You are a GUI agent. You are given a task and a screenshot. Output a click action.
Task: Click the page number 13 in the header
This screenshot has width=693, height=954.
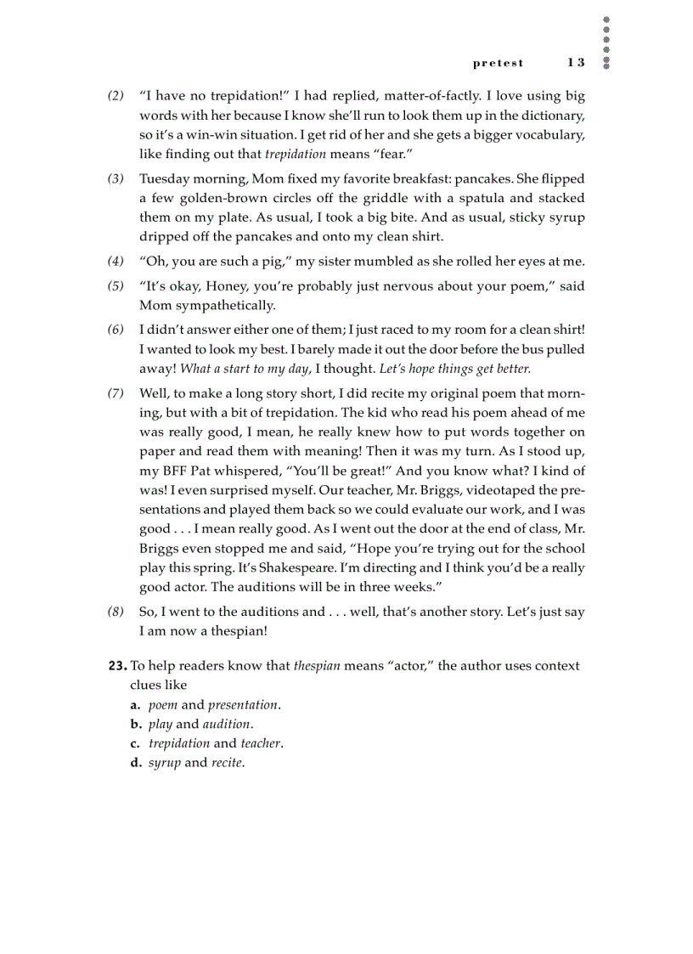point(577,63)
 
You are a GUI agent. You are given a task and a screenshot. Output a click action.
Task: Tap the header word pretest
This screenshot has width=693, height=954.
point(499,64)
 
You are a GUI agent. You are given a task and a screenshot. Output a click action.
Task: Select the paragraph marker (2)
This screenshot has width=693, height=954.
point(115,96)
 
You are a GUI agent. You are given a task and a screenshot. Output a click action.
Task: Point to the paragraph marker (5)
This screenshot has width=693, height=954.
point(115,286)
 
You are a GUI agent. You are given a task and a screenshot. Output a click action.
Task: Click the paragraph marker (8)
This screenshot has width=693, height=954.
point(115,612)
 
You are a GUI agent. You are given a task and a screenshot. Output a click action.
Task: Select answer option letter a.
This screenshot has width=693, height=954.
point(135,705)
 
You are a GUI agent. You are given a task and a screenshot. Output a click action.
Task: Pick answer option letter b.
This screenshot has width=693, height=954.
point(135,725)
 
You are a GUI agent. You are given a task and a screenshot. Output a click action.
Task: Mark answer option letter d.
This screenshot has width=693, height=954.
point(135,763)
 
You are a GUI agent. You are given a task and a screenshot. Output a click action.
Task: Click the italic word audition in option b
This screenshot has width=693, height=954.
point(226,725)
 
